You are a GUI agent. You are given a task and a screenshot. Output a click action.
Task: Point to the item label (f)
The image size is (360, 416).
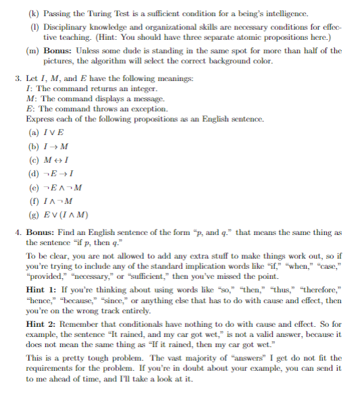(x=34, y=201)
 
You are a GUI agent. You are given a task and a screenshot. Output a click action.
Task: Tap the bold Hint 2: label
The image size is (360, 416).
(x=42, y=324)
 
